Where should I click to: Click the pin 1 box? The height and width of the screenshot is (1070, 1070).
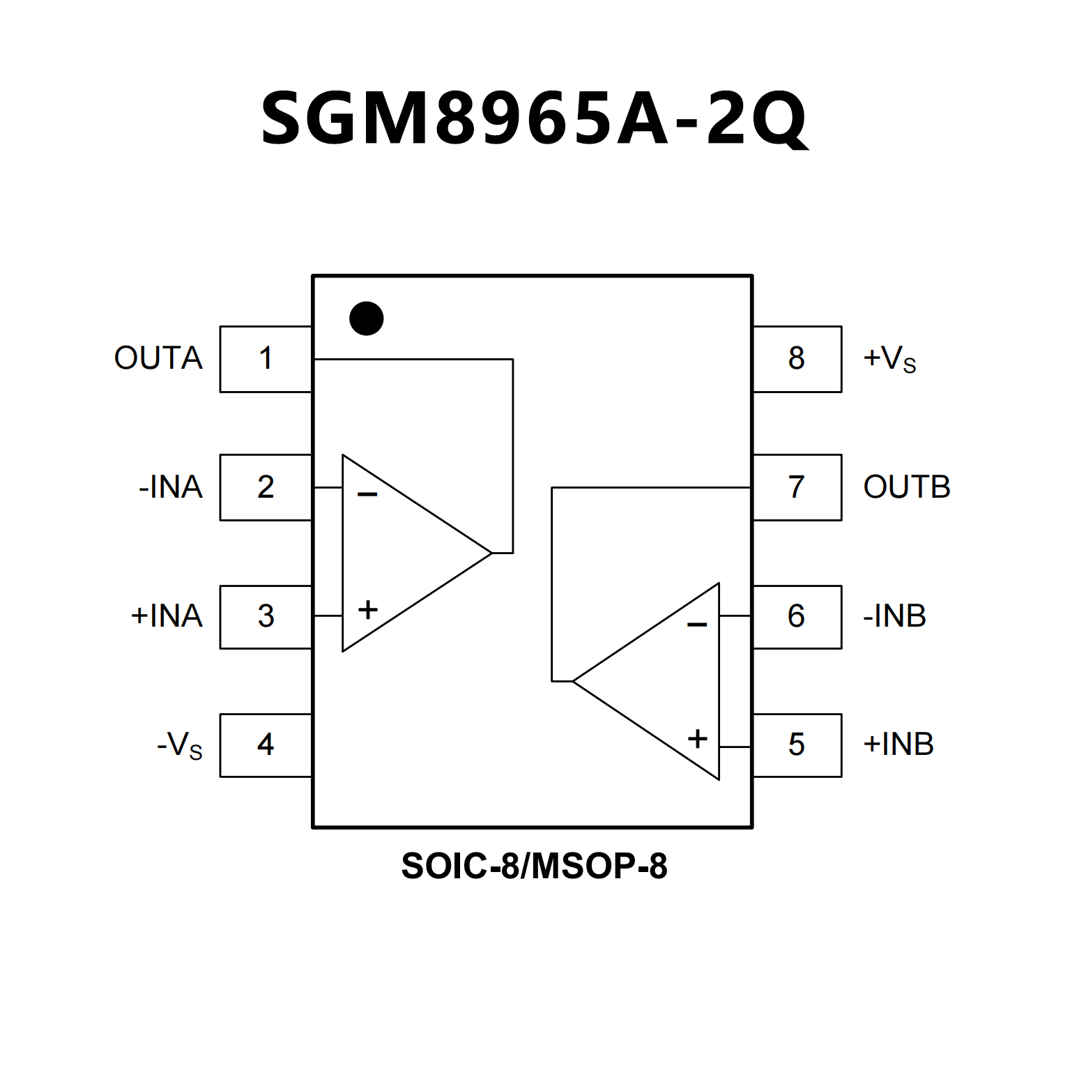click(x=266, y=359)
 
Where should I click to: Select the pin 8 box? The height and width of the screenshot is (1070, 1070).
click(x=797, y=359)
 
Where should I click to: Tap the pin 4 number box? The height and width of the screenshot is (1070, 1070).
click(x=266, y=745)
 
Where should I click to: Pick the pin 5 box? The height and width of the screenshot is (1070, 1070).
click(x=797, y=745)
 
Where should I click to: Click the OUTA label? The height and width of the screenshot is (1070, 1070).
click(x=158, y=358)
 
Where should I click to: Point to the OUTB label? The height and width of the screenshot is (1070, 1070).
click(x=906, y=487)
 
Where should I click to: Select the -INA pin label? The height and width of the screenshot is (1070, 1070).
click(x=171, y=487)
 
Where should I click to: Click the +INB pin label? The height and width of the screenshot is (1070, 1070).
click(x=899, y=744)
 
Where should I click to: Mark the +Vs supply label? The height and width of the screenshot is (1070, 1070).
click(x=889, y=359)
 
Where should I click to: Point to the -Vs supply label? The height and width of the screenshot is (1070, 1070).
click(x=180, y=745)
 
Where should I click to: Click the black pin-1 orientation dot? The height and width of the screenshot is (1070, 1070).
click(x=367, y=319)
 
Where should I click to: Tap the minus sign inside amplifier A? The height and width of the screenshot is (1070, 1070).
click(x=367, y=495)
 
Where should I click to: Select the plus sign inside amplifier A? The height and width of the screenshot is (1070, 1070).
click(x=368, y=610)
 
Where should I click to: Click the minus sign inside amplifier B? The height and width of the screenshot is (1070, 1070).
click(x=697, y=625)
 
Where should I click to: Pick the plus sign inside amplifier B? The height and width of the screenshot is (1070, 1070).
click(x=697, y=739)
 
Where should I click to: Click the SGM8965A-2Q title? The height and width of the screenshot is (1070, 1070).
click(x=535, y=119)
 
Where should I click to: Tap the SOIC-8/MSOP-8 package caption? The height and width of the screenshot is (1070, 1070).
click(x=535, y=866)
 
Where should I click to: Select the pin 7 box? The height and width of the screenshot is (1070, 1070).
click(x=797, y=487)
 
